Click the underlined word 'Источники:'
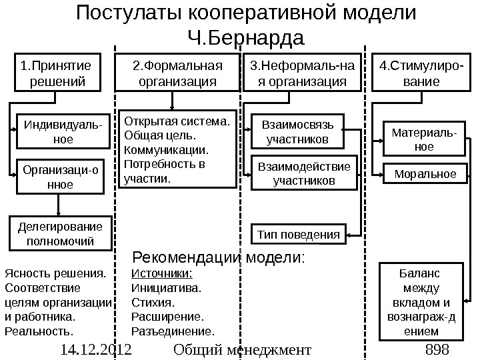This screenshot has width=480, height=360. (x=163, y=273)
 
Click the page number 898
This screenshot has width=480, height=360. (x=437, y=349)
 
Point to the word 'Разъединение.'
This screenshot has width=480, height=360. (x=173, y=331)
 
